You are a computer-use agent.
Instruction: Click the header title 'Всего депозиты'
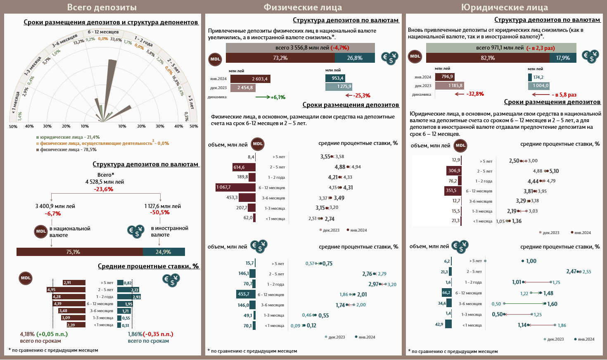pyautogui.click(x=102, y=7)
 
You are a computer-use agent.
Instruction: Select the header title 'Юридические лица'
pyautogui.click(x=504, y=7)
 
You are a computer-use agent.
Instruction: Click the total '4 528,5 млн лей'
pyautogui.click(x=104, y=182)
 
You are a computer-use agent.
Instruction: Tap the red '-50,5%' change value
pyautogui.click(x=160, y=213)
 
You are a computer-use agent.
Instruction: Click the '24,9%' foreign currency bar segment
pyautogui.click(x=164, y=252)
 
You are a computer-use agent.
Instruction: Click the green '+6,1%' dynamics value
pyautogui.click(x=278, y=97)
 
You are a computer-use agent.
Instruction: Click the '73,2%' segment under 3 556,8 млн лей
pyautogui.click(x=280, y=58)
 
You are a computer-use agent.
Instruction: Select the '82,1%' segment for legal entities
pyautogui.click(x=488, y=58)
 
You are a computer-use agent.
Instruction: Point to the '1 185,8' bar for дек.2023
pyautogui.click(x=450, y=86)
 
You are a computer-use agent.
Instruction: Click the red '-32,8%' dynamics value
pyautogui.click(x=475, y=94)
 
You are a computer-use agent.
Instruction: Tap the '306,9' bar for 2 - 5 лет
pyautogui.click(x=454, y=171)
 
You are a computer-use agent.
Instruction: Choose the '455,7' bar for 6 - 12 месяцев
pyautogui.click(x=245, y=294)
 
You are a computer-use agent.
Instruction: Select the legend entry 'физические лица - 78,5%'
pyautogui.click(x=68, y=149)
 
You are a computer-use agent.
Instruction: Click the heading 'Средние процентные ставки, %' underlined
pyautogui.click(x=148, y=266)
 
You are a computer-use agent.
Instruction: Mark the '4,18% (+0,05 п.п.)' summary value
pyautogui.click(x=44, y=334)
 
